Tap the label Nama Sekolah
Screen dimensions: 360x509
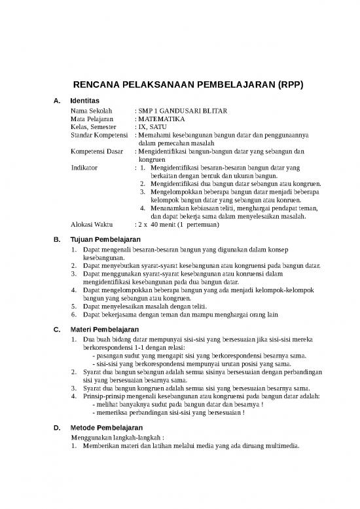point(92,111)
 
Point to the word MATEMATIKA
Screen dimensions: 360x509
point(162,120)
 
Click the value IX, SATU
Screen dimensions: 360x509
point(153,128)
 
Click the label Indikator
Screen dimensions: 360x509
point(84,168)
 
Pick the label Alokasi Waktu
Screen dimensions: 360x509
point(92,225)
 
